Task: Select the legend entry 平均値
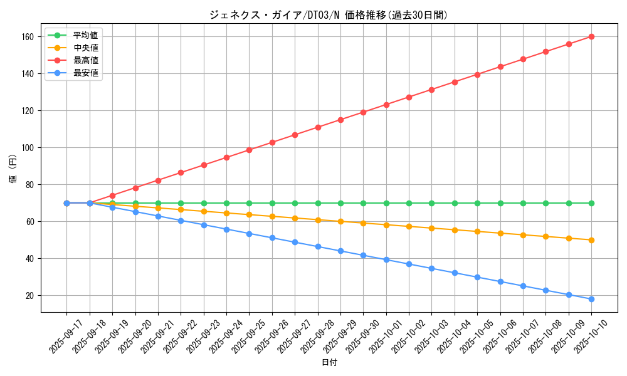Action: [x=85, y=35]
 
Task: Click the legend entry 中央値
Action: [x=85, y=48]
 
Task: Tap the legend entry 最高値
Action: [x=85, y=60]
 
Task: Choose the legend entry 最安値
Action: [x=85, y=73]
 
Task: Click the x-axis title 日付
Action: [x=329, y=363]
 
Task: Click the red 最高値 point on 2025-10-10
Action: [x=591, y=36]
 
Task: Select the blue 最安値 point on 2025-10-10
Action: [x=591, y=299]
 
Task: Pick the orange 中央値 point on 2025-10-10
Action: [x=591, y=240]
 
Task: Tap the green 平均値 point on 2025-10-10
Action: [x=591, y=203]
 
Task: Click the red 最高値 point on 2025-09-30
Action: [x=363, y=112]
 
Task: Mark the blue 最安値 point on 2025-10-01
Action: [x=386, y=259]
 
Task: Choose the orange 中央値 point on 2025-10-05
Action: [x=477, y=231]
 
